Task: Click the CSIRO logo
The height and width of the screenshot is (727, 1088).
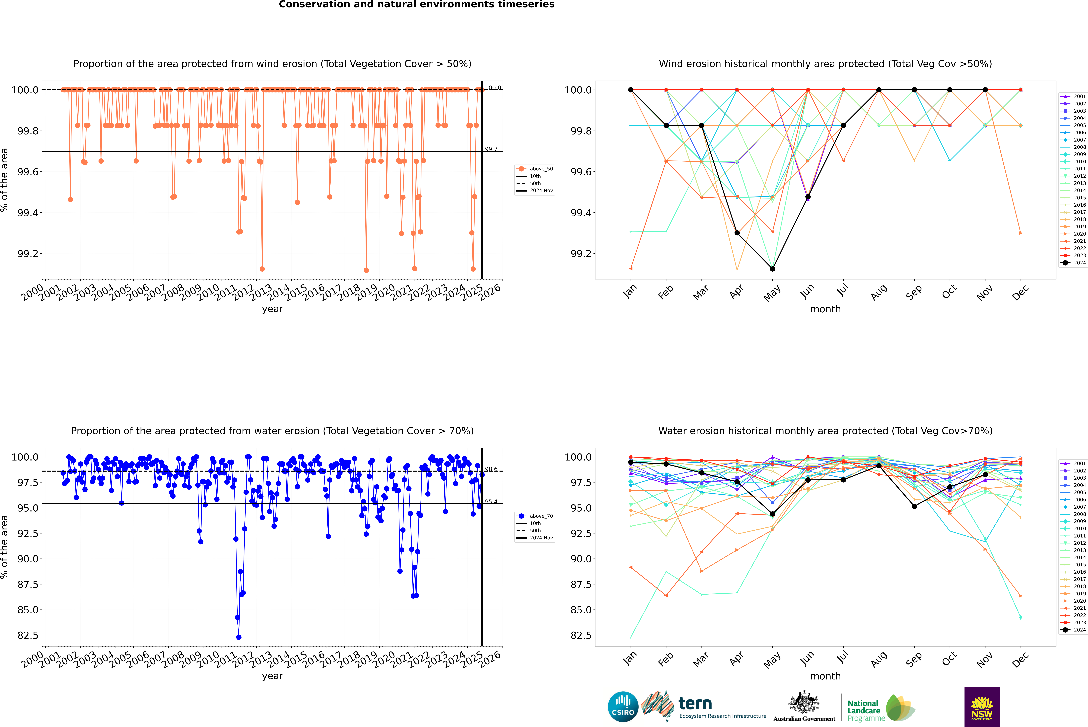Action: tap(623, 707)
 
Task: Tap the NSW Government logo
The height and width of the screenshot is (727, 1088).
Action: tap(982, 707)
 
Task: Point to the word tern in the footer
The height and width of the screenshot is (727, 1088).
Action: tap(695, 703)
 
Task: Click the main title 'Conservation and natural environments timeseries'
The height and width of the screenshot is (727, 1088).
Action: tap(416, 5)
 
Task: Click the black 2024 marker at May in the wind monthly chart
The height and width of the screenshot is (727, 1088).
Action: tap(772, 269)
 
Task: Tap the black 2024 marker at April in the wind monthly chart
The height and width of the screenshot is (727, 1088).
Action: tap(737, 233)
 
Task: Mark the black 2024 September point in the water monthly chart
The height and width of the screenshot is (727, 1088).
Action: tap(914, 506)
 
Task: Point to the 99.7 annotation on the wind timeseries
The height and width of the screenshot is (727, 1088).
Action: tap(491, 149)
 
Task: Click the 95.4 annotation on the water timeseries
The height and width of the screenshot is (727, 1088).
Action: tap(491, 502)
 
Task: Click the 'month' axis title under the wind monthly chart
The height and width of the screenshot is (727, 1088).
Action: tap(825, 309)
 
